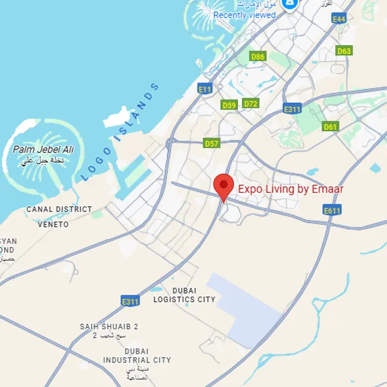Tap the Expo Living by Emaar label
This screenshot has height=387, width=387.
point(291,189)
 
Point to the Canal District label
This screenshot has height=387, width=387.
point(59,210)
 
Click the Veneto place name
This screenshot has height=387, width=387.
point(53,224)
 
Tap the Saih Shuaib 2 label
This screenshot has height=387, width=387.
point(109,327)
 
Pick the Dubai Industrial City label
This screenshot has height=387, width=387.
point(136,355)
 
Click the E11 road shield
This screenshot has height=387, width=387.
point(205,89)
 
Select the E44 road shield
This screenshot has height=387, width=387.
point(339,19)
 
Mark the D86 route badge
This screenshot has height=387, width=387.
point(257,57)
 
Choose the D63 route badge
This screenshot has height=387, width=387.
point(344,51)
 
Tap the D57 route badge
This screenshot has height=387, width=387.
point(211,143)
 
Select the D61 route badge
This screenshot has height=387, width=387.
point(330,126)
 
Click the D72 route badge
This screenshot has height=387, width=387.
point(251,104)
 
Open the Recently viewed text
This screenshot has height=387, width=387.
point(244,15)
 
